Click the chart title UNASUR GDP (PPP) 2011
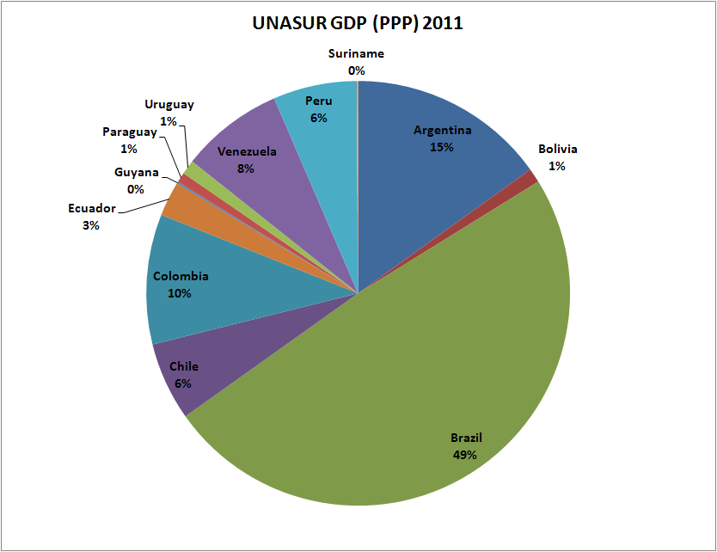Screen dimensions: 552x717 [357, 23]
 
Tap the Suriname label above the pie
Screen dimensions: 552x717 [357, 54]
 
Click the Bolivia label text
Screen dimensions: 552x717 [557, 149]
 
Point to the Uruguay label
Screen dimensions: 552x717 [169, 105]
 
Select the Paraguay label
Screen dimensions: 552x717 [130, 132]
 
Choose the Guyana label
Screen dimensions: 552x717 [137, 172]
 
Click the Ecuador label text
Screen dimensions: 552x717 [92, 209]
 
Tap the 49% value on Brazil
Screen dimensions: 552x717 [465, 454]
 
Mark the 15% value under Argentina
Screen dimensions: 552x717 [442, 147]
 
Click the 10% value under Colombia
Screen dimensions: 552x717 [181, 293]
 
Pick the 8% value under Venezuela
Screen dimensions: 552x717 [247, 169]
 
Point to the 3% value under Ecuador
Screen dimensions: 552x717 [91, 225]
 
